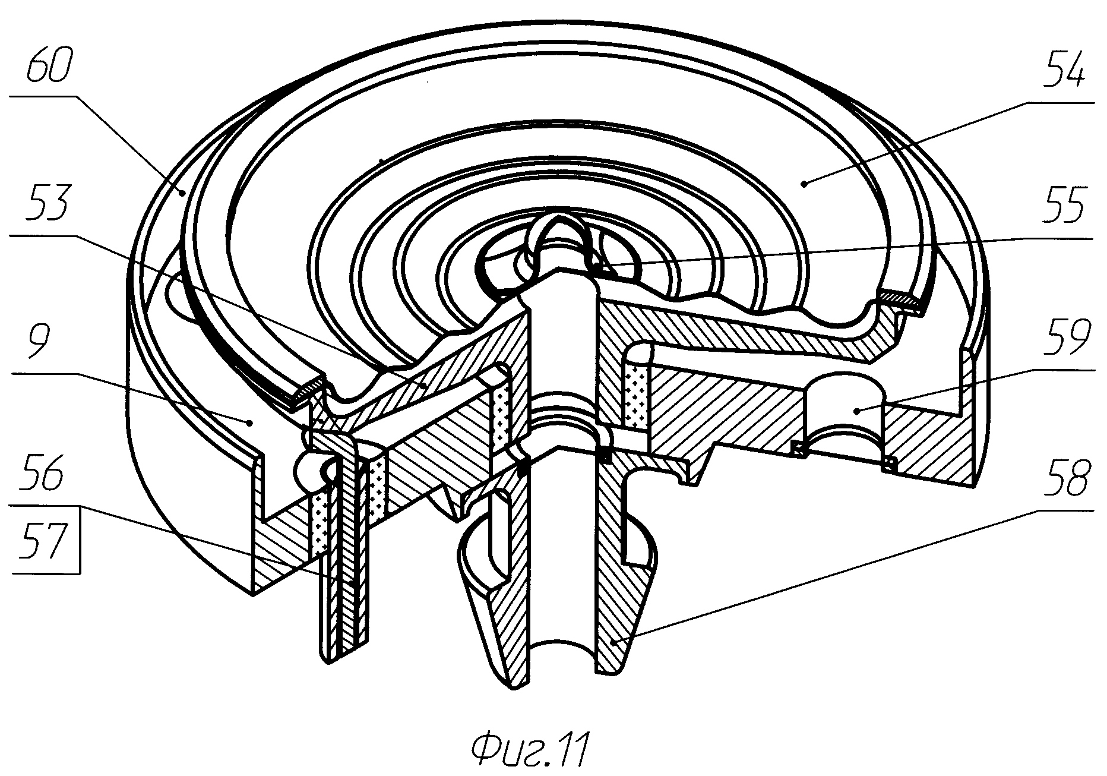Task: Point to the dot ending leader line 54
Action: pyautogui.click(x=803, y=184)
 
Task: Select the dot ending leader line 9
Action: pyautogui.click(x=251, y=422)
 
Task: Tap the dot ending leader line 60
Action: pyautogui.click(x=184, y=191)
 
